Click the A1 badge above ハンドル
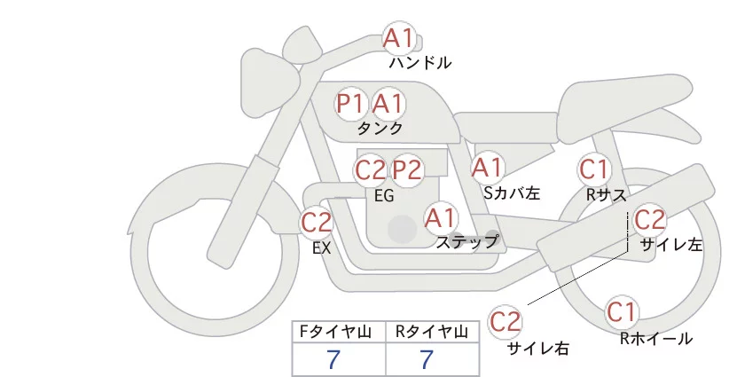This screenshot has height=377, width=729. coord(398,38)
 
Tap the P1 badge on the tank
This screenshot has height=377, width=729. coord(351,104)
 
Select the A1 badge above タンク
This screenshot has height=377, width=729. coord(388,104)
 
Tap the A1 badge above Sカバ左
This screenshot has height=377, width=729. coord(487,167)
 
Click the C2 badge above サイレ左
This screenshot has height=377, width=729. coord(649,218)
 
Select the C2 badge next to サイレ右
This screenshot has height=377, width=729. coord(506,320)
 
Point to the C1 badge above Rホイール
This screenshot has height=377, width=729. coord(622,312)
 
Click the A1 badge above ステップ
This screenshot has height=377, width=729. coord(441,216)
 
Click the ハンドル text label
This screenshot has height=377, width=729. coord(420,63)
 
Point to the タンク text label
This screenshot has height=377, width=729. coord(380,128)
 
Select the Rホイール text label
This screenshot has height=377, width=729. coord(656,338)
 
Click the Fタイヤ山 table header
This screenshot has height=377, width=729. coord(340,332)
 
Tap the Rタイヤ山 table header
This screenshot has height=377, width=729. coord(434,332)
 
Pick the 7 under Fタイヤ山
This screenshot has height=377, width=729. coord(333,358)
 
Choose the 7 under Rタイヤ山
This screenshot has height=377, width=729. coord(427,358)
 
